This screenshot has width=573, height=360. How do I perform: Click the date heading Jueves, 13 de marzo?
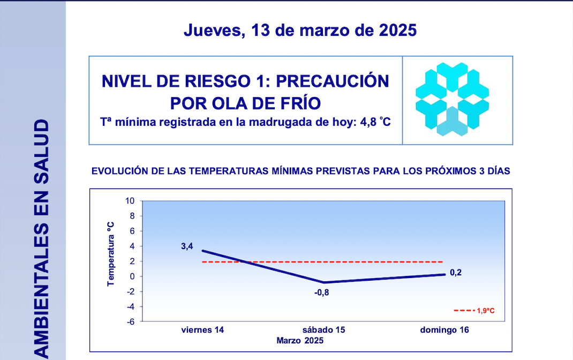pos(300,30)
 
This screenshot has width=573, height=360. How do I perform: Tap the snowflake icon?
pos(452,100)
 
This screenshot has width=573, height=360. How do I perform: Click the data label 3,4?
pos(187,246)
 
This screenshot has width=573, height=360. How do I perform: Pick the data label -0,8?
pos(322,292)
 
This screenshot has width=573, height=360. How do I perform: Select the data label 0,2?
pos(456,273)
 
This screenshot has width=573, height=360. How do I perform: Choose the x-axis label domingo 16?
pos(444,330)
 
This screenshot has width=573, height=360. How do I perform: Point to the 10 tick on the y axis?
pos(130,201)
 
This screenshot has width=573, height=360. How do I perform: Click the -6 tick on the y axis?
pos(130,321)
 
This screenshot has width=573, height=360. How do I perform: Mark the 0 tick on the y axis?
pos(132,276)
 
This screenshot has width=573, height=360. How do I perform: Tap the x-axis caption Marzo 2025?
pos(300,340)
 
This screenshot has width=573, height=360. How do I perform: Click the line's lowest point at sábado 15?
pos(323,282)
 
